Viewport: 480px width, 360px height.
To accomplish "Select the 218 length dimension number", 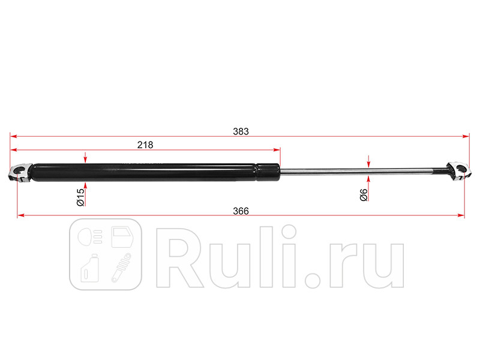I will (x=145, y=145).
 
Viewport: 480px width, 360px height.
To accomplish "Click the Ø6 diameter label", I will (x=364, y=194).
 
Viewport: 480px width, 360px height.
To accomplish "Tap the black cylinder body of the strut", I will (x=150, y=172).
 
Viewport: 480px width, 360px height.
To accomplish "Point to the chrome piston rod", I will (x=360, y=173).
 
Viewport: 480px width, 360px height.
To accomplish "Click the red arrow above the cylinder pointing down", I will (x=86, y=157).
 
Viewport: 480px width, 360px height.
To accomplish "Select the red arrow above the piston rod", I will (x=368, y=161).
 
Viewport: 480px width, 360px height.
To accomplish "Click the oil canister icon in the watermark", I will (x=91, y=268).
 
